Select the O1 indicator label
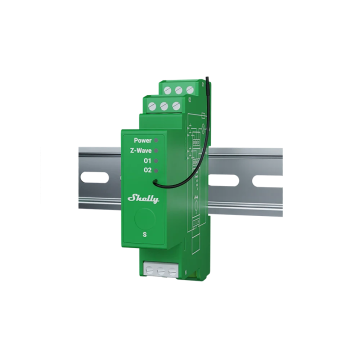(147, 160)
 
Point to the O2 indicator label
(147, 170)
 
